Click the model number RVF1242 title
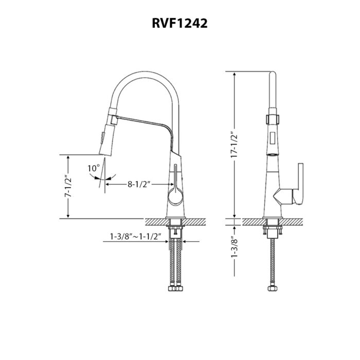(180, 24)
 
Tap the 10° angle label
(93, 168)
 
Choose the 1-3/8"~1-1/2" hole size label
(135, 237)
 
